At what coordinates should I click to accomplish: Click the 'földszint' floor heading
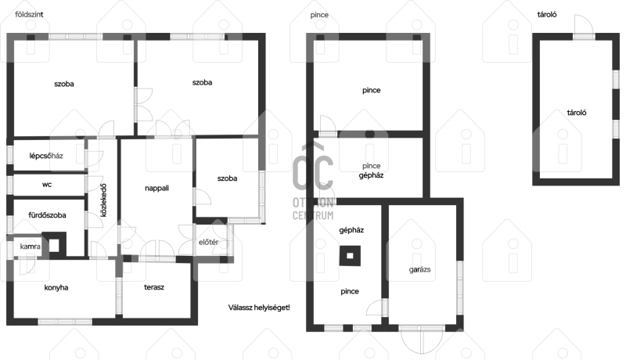pyautogui.click(x=29, y=15)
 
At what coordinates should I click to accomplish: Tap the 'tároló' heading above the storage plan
pyautogui.click(x=546, y=15)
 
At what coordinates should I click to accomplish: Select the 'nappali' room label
pyautogui.click(x=156, y=188)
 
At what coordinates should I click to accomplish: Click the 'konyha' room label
pyautogui.click(x=56, y=287)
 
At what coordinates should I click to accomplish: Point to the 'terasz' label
pyautogui.click(x=153, y=287)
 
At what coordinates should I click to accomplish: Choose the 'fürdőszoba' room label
pyautogui.click(x=47, y=215)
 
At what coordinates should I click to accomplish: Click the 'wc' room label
pyautogui.click(x=47, y=185)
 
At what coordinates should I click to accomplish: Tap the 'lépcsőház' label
pyautogui.click(x=46, y=156)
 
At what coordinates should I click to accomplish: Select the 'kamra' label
pyautogui.click(x=30, y=247)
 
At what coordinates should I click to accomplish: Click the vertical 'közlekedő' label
pyautogui.click(x=103, y=200)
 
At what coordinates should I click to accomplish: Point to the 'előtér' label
pyautogui.click(x=208, y=242)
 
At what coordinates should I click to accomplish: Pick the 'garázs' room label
pyautogui.click(x=419, y=270)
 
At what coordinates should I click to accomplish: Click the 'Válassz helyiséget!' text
pyautogui.click(x=259, y=308)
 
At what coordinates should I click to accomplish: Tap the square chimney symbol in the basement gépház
pyautogui.click(x=350, y=256)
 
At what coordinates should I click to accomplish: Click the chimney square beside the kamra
pyautogui.click(x=54, y=245)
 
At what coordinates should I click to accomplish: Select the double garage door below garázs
pyautogui.click(x=422, y=339)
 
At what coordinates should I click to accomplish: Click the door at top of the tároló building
pyautogui.click(x=584, y=27)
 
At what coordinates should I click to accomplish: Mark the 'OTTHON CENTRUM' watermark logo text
pyautogui.click(x=313, y=209)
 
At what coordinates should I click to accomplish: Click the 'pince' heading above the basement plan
pyautogui.click(x=319, y=15)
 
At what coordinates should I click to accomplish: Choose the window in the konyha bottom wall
pyautogui.click(x=65, y=322)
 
